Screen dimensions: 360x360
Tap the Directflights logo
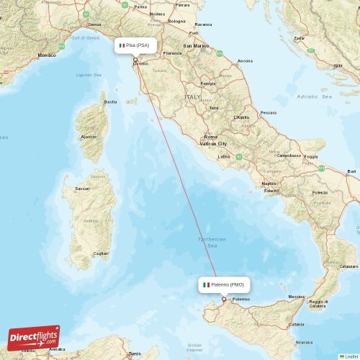pos(34,337)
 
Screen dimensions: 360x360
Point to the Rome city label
pos(210,137)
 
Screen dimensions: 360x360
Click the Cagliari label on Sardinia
pos(101,253)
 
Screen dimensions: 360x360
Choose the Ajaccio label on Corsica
pos(89,136)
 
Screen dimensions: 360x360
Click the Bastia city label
pos(110,102)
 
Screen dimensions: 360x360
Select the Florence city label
pos(172,54)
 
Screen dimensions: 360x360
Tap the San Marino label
pos(195,46)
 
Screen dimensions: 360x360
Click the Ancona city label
pos(245,60)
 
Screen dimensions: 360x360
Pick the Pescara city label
pos(268,113)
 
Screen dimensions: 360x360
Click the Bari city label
pos(351,171)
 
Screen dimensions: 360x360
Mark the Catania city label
pos(297,325)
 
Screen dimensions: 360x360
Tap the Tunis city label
pos(134,354)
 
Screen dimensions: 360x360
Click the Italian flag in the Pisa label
pos(121,45)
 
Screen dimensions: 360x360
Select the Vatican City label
pos(212,144)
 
